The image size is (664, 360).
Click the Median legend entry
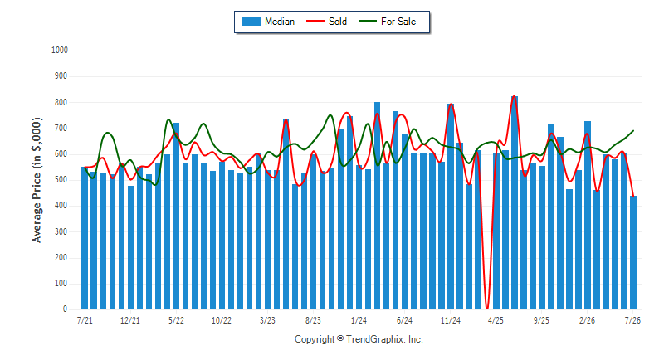click(x=268, y=22)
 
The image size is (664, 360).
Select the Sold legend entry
click(x=326, y=22)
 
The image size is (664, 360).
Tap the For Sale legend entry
click(x=387, y=22)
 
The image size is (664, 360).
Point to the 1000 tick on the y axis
click(x=60, y=51)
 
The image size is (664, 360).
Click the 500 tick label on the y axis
click(x=61, y=180)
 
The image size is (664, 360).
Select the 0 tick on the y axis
click(x=66, y=309)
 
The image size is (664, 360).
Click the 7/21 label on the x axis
click(x=85, y=320)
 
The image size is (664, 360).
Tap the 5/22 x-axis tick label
click(x=176, y=320)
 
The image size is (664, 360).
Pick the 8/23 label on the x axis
click(x=313, y=320)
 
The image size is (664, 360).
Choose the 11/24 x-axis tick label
click(x=450, y=320)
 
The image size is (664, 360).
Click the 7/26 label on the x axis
click(x=632, y=320)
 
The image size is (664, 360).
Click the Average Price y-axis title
click(x=37, y=180)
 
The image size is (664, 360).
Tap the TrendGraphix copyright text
click(x=359, y=339)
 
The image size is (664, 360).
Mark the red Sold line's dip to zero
click(x=487, y=309)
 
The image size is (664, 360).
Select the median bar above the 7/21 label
click(x=85, y=238)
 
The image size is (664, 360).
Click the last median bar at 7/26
click(x=633, y=252)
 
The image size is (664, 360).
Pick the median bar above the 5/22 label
click(x=176, y=216)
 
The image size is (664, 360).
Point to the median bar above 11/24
click(x=450, y=207)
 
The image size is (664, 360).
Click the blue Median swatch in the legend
click(x=251, y=22)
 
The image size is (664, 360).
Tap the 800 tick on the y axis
click(x=61, y=102)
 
